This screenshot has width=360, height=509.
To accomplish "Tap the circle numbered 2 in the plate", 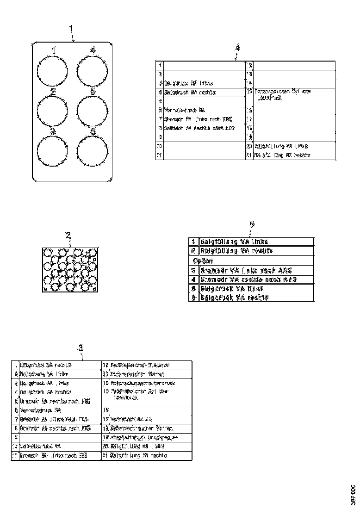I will click(52, 111).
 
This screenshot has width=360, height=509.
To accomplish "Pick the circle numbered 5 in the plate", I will click(92, 111).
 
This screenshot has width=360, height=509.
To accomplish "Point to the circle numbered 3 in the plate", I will click(52, 151).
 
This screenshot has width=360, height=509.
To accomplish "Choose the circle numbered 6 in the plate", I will click(92, 151).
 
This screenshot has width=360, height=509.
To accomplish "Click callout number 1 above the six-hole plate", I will click(71, 29).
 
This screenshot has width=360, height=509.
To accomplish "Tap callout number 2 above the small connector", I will click(68, 235).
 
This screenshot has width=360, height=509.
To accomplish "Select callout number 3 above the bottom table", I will click(80, 348).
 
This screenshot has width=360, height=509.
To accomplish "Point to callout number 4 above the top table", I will click(237, 48).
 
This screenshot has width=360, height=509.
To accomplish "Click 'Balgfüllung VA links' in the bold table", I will click(234, 242).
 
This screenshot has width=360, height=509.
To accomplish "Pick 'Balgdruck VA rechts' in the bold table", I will click(234, 298).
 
